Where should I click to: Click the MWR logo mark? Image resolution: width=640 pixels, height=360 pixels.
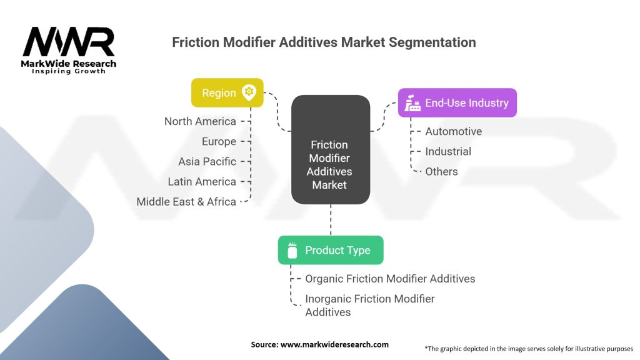(x=69, y=42)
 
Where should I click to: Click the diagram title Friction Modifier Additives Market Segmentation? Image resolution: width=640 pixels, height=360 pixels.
(x=324, y=42)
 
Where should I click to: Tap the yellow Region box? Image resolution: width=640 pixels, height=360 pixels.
(x=227, y=92)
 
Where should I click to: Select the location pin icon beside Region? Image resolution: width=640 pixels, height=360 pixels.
(x=249, y=92)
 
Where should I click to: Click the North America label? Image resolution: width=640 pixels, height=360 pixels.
(x=200, y=121)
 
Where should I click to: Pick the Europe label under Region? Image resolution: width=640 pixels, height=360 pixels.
(x=219, y=141)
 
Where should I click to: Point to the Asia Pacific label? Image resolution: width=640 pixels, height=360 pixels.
(x=207, y=161)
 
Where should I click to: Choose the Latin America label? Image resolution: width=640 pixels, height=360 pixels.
(x=202, y=181)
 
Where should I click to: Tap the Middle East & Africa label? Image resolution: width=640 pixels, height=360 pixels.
(x=186, y=201)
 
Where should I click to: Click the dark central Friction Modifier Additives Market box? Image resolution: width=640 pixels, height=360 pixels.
(x=331, y=150)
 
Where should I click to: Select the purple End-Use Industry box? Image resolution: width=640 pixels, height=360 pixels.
(x=457, y=103)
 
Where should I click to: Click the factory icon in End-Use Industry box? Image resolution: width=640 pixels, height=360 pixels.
(x=412, y=103)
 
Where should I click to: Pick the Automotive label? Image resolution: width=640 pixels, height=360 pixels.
(x=454, y=131)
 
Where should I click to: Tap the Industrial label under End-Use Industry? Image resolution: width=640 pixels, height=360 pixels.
(x=448, y=151)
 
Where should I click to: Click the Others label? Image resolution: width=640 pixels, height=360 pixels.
(x=441, y=171)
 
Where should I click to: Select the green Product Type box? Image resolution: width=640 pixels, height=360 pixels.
(x=331, y=250)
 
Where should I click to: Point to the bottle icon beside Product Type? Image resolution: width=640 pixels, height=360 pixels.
(x=292, y=250)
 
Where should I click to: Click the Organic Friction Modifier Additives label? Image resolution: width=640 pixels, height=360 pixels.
(x=390, y=278)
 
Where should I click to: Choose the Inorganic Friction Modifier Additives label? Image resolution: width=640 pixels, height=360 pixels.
(x=370, y=305)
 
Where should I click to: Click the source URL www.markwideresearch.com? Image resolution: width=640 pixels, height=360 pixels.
(x=334, y=344)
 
